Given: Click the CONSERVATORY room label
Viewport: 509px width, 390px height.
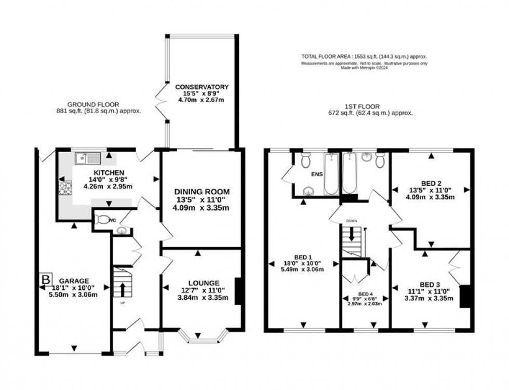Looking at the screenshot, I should point(202,86).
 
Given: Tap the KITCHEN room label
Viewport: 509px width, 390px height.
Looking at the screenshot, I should point(109,172).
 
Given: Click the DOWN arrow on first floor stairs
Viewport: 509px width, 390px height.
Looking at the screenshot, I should point(351,235).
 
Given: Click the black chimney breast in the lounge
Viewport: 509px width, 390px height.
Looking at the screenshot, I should point(238,291).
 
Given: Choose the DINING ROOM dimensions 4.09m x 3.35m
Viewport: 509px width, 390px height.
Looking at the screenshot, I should point(202,208).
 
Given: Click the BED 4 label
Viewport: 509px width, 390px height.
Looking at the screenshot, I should point(366,293).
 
